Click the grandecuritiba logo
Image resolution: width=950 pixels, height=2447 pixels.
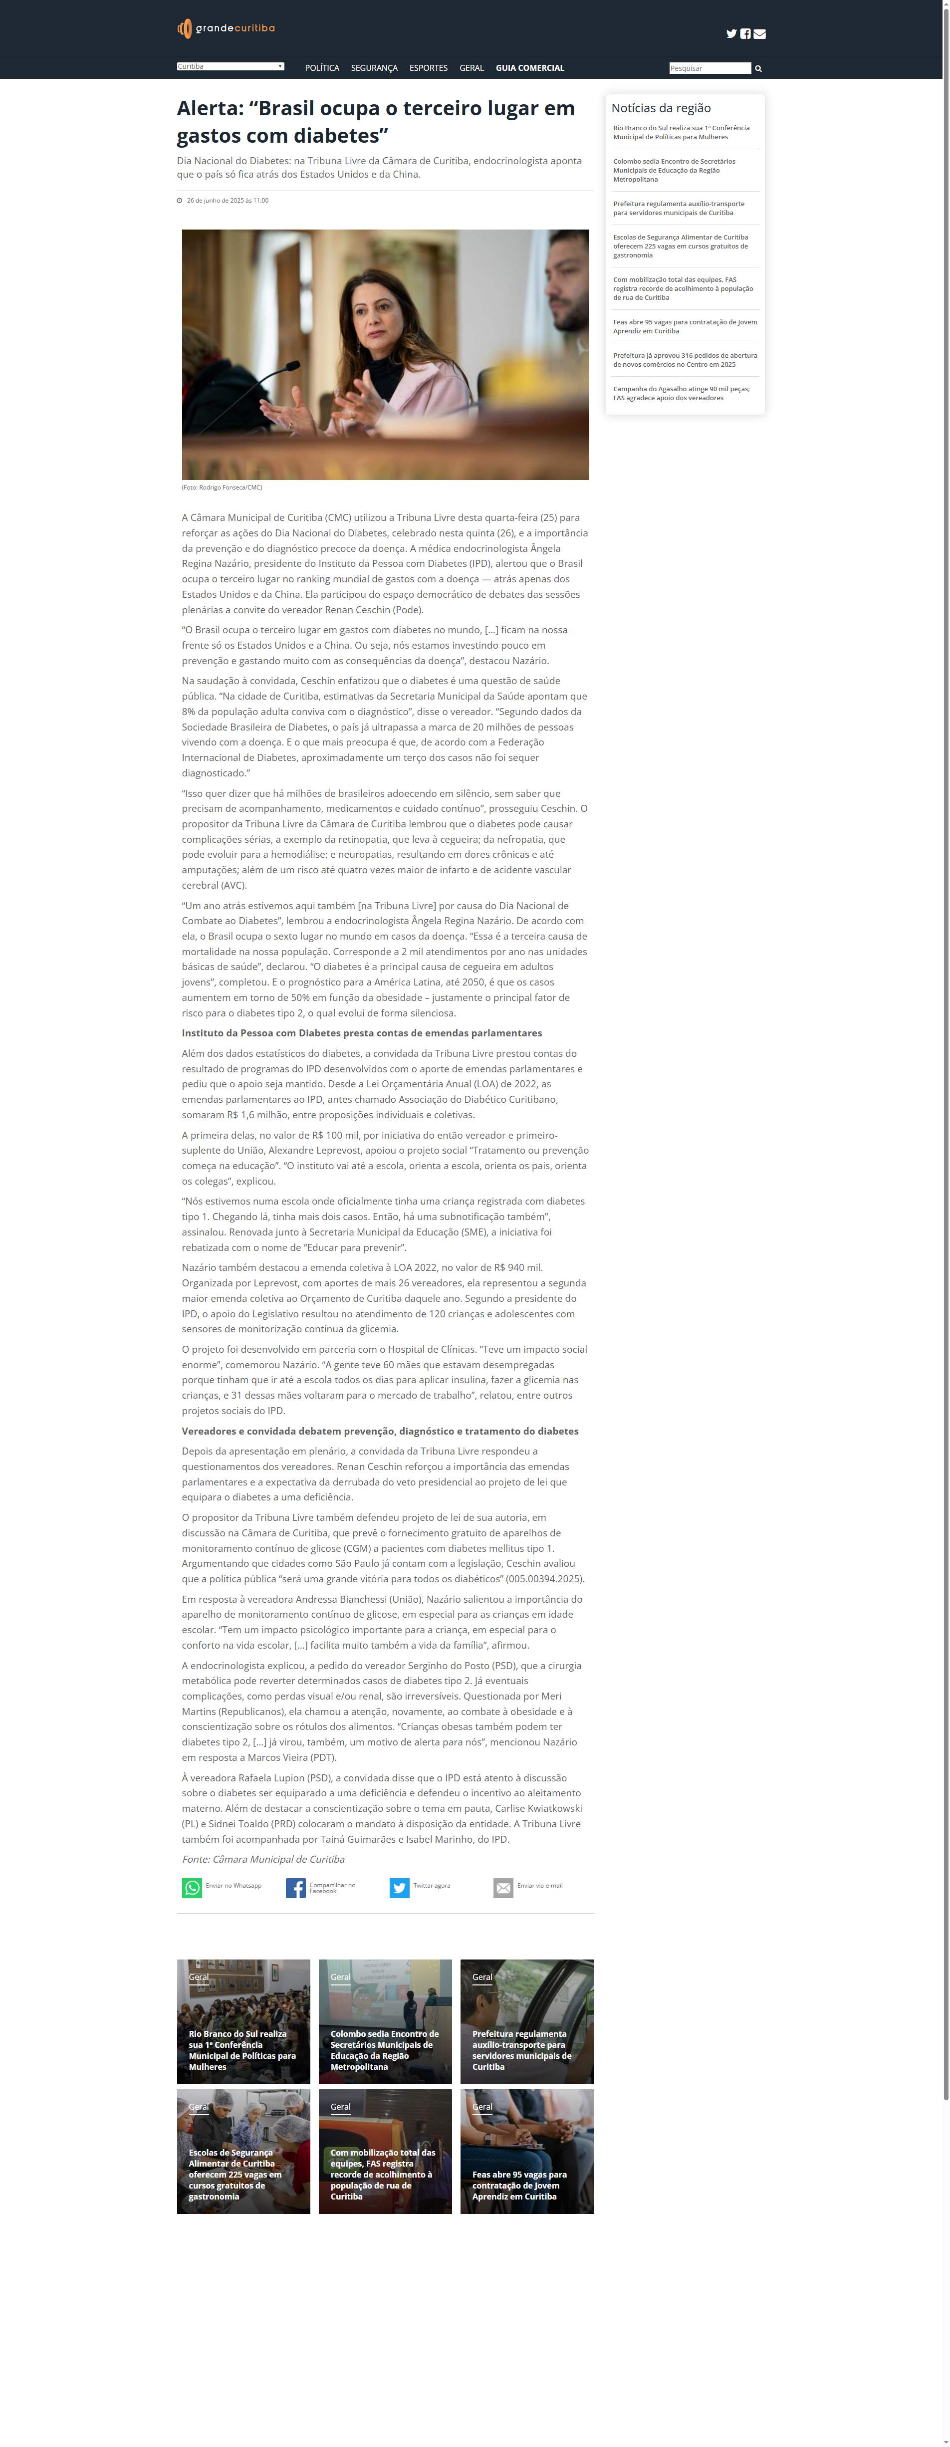pyautogui.click(x=226, y=28)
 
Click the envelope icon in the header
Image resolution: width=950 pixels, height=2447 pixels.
pyautogui.click(x=759, y=34)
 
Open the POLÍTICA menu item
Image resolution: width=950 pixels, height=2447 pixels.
pyautogui.click(x=322, y=68)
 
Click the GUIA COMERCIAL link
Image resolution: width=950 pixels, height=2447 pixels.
pyautogui.click(x=530, y=68)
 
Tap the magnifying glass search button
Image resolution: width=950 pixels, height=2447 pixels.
pyautogui.click(x=758, y=68)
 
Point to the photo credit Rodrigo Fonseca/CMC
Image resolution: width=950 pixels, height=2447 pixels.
pyautogui.click(x=223, y=488)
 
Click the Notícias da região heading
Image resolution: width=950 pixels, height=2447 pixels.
pyautogui.click(x=661, y=108)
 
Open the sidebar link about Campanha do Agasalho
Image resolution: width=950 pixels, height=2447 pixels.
pyautogui.click(x=681, y=393)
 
